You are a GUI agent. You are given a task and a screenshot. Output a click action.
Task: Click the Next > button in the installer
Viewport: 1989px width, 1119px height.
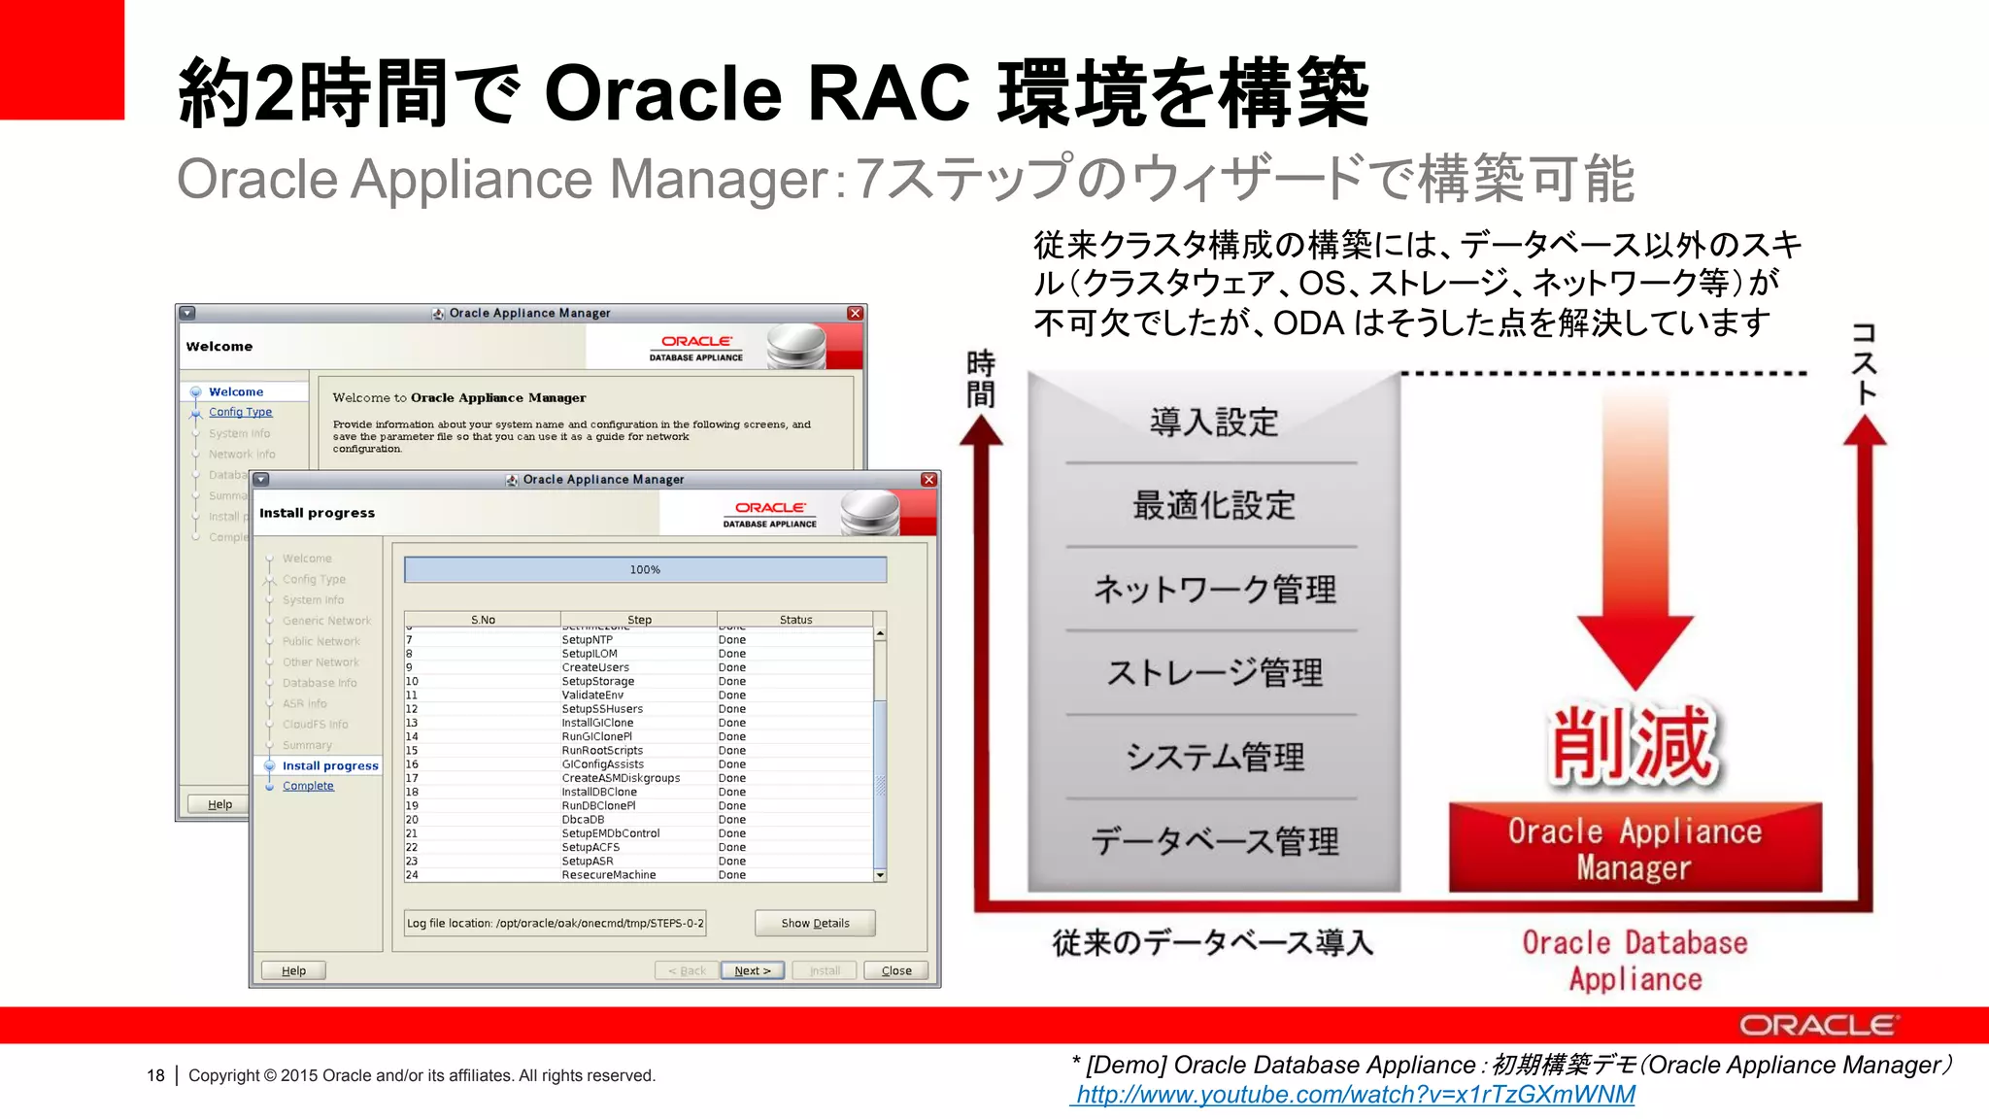pyautogui.click(x=752, y=970)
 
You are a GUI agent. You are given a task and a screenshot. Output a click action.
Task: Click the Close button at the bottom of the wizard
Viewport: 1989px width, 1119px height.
pyautogui.click(x=895, y=970)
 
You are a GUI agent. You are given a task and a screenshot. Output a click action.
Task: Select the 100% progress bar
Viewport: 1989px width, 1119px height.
pyautogui.click(x=645, y=569)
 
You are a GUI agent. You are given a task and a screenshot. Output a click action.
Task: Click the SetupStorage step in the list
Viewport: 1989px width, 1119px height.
pyautogui.click(x=597, y=681)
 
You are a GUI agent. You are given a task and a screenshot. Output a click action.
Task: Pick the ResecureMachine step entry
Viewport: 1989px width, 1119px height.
pyautogui.click(x=608, y=874)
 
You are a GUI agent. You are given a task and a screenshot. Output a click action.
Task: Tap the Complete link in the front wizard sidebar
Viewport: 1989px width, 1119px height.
pyautogui.click(x=308, y=786)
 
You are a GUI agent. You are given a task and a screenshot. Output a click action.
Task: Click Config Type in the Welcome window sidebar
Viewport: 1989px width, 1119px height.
pyautogui.click(x=240, y=412)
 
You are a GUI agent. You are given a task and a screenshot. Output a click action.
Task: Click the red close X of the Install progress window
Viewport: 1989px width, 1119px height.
pyautogui.click(x=928, y=480)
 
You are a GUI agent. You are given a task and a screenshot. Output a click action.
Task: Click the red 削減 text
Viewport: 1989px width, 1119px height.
pyautogui.click(x=1634, y=744)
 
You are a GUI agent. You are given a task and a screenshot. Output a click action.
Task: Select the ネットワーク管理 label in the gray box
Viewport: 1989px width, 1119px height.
pyautogui.click(x=1214, y=589)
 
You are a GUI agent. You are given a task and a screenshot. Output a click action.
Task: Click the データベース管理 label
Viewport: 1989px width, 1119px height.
pyautogui.click(x=1214, y=840)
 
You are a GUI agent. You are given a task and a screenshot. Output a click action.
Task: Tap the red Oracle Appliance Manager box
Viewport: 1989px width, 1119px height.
pyautogui.click(x=1635, y=848)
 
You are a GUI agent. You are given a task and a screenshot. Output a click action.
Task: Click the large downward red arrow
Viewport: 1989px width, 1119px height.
pyautogui.click(x=1635, y=583)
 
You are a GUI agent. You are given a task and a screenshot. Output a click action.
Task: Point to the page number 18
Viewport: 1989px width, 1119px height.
pyautogui.click(x=155, y=1075)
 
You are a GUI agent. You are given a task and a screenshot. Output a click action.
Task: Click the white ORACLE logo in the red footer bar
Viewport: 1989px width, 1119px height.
pyautogui.click(x=1816, y=1026)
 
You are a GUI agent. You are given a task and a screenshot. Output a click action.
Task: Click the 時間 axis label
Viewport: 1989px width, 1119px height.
pyautogui.click(x=980, y=379)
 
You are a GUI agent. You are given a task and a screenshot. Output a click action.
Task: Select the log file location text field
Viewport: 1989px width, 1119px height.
pyautogui.click(x=555, y=923)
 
